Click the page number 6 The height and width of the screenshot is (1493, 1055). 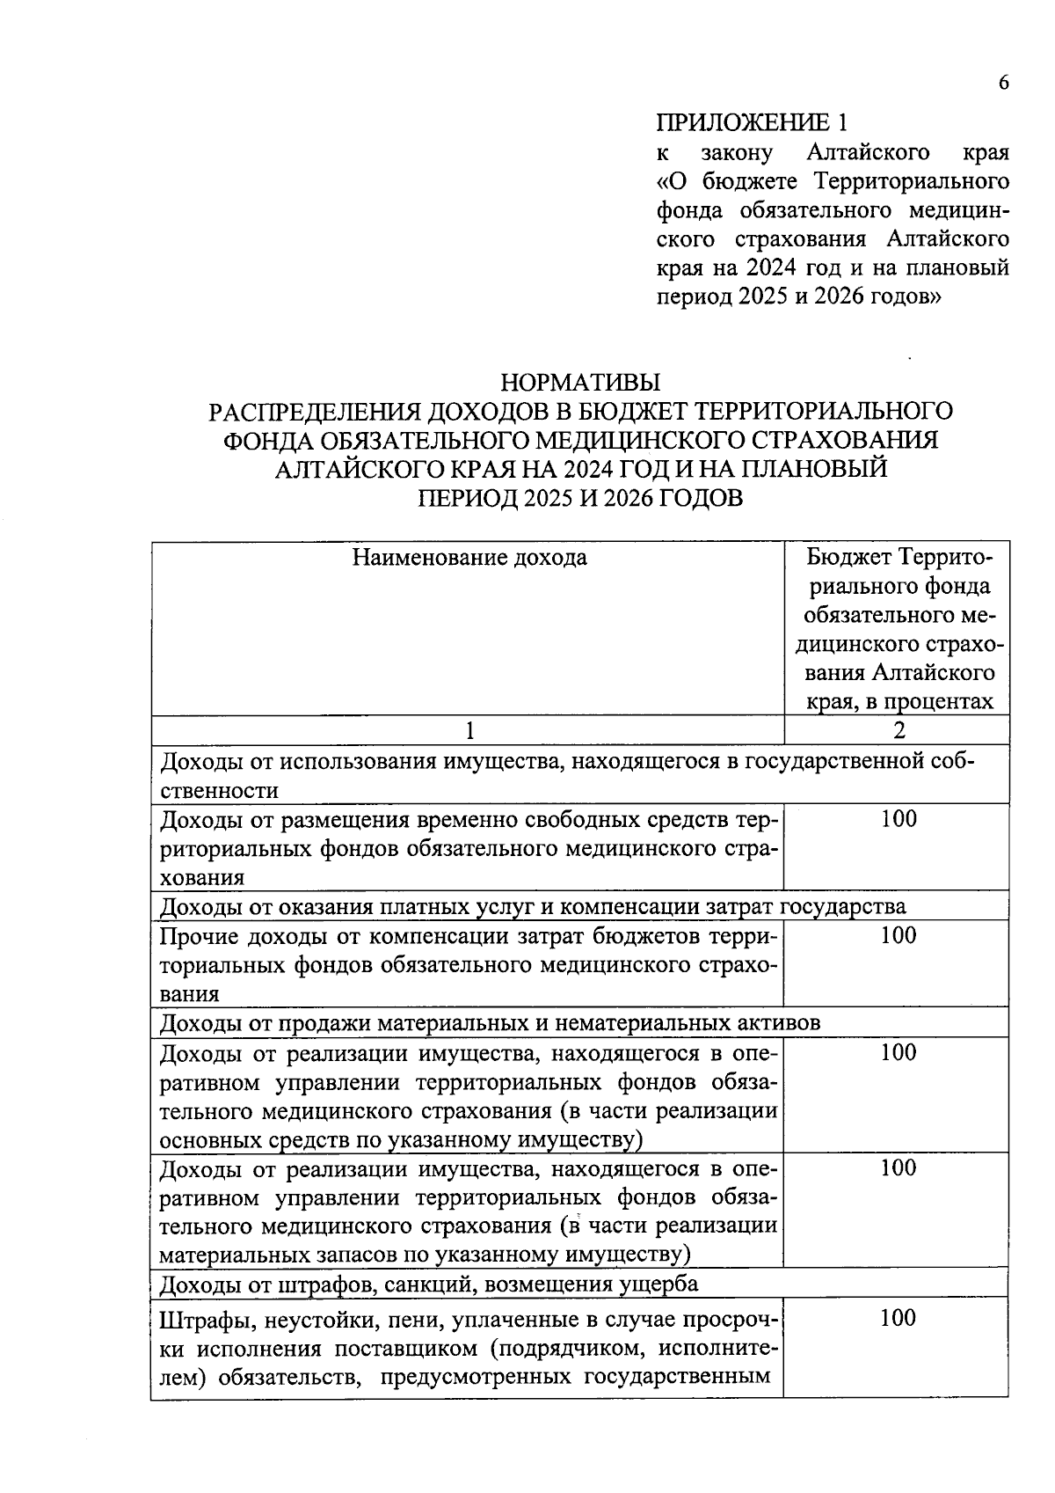coord(1003,83)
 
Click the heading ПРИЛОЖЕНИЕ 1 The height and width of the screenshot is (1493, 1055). coord(755,122)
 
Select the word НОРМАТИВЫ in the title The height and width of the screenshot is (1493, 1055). coord(579,383)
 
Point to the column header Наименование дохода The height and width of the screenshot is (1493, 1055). coord(469,557)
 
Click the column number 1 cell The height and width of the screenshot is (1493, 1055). coord(469,729)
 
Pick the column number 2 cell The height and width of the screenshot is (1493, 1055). coord(898,729)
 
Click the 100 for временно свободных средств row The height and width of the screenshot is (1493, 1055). coord(898,819)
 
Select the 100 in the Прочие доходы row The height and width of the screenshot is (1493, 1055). coord(898,935)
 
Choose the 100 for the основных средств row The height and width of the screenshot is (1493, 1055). coord(898,1052)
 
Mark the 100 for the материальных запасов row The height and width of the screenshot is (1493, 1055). coord(898,1168)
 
